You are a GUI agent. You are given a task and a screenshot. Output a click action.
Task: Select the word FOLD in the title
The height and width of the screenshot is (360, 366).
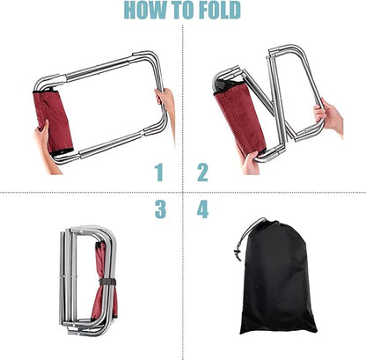220,10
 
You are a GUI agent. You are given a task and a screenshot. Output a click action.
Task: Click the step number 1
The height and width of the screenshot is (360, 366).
159,173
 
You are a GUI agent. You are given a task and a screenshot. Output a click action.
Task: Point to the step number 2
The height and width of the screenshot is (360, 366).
202,173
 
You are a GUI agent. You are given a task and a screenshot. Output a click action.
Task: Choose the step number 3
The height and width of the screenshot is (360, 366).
160,209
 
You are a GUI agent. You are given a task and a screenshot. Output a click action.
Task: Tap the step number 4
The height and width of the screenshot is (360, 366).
202,209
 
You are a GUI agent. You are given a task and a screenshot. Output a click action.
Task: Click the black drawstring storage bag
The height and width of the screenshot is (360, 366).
277,279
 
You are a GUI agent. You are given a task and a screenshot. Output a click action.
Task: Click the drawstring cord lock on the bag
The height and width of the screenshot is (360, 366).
238,254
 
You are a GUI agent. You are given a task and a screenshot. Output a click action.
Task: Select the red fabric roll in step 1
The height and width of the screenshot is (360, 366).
53,121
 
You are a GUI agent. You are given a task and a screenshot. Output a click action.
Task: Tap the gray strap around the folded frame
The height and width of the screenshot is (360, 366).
107,282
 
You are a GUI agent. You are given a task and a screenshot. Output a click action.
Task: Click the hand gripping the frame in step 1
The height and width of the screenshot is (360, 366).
165,101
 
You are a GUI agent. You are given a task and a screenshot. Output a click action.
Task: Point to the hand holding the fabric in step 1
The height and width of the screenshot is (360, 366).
44,147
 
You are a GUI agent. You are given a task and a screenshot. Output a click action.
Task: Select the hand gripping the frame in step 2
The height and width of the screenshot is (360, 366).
328,116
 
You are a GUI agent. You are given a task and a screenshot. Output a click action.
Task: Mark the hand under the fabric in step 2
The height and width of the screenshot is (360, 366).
251,162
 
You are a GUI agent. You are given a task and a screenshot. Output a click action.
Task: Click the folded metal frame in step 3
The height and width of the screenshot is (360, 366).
88,280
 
